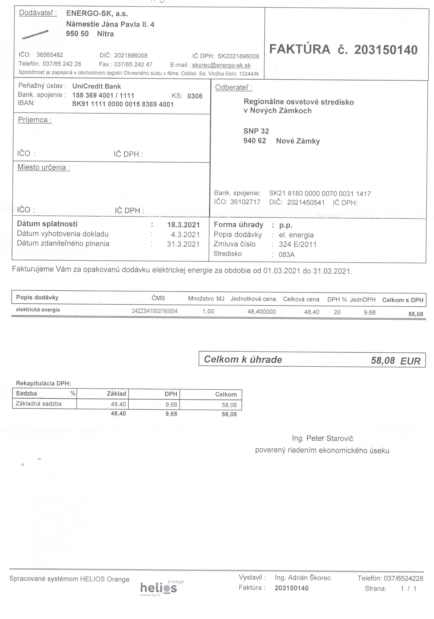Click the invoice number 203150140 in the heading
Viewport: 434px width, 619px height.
[x=386, y=50]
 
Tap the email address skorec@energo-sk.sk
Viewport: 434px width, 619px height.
[x=221, y=65]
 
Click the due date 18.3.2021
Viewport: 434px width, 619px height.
[x=183, y=225]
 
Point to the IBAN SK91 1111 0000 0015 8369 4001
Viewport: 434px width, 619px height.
[x=123, y=104]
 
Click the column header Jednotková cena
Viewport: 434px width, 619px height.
[x=253, y=299]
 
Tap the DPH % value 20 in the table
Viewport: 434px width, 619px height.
[x=337, y=312]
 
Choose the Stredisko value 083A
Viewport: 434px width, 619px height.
[x=286, y=254]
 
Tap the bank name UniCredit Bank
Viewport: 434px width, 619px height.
[x=97, y=86]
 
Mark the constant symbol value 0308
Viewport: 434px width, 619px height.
[x=195, y=96]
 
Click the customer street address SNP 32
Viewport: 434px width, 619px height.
[x=256, y=131]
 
